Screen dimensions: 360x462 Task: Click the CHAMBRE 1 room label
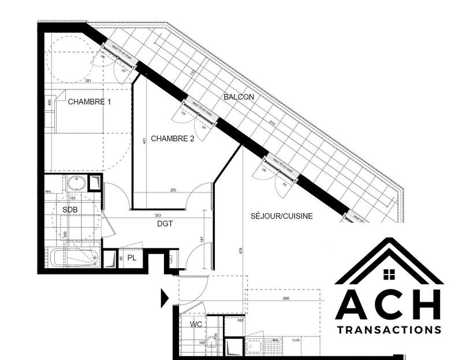tap(90, 102)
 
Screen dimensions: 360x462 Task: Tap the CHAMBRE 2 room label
tap(173, 139)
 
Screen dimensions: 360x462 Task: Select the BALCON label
tap(239, 97)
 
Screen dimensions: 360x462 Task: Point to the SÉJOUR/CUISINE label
tap(282, 216)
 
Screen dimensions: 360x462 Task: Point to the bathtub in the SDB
tap(72, 257)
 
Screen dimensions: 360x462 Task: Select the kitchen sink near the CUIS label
tap(254, 347)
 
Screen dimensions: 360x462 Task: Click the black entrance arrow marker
tap(165, 298)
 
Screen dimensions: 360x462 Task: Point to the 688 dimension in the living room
tap(282, 298)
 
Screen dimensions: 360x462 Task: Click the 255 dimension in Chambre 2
tap(173, 190)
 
